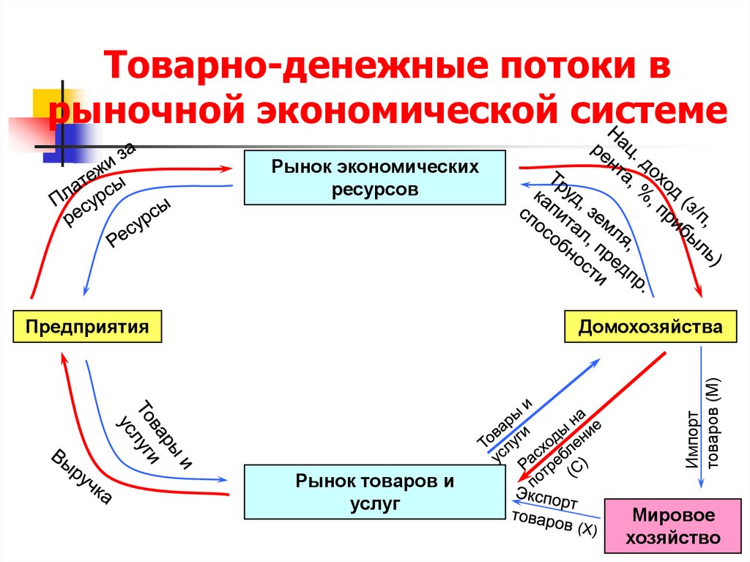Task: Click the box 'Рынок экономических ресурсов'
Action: (374, 177)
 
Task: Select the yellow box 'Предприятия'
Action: (87, 326)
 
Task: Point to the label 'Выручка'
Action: (81, 476)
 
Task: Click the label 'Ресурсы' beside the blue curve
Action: (139, 223)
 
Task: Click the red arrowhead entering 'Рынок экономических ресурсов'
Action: (227, 169)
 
